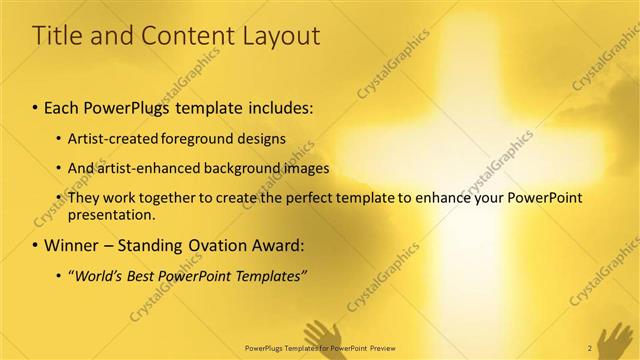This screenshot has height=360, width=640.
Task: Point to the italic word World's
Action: (100, 274)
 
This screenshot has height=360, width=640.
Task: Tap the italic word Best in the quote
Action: (146, 274)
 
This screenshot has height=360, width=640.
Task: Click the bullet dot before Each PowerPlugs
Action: (36, 105)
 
